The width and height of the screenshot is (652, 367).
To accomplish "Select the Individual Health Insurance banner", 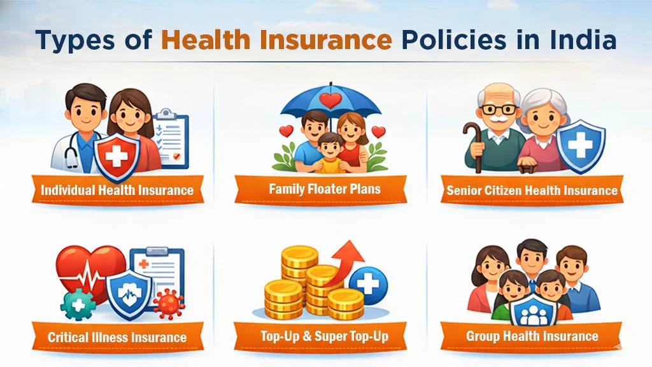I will coord(117,190).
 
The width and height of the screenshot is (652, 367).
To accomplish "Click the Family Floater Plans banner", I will coord(325,189).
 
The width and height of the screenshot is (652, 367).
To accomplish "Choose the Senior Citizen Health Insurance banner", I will coord(532,190).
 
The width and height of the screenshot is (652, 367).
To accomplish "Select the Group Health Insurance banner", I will coord(532,336).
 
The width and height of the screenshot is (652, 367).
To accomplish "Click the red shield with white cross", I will coord(117,157).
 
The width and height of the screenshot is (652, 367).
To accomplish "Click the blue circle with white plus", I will coord(368,282).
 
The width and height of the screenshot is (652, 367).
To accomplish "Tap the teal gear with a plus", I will coord(78,305).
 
